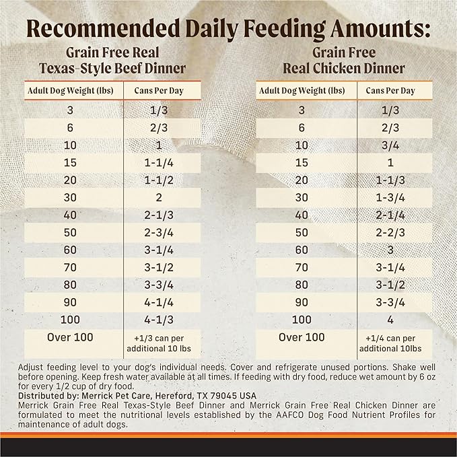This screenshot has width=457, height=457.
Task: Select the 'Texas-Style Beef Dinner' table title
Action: click(108, 68)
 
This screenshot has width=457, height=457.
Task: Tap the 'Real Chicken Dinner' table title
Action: click(344, 68)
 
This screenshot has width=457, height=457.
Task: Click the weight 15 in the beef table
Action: click(69, 163)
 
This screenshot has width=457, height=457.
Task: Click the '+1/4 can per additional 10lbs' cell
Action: click(390, 342)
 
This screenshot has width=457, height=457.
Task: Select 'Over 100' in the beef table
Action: click(69, 337)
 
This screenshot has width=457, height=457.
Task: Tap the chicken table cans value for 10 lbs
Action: click(390, 145)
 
